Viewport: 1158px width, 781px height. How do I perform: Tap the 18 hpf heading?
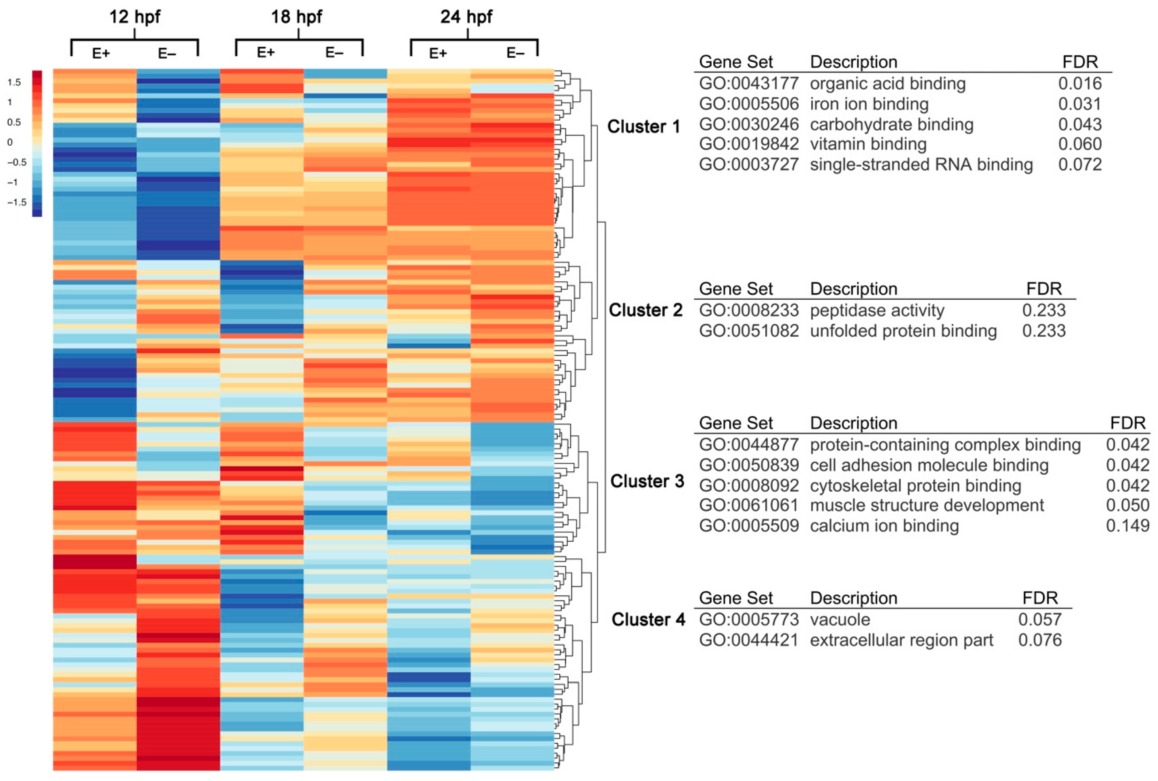click(x=296, y=17)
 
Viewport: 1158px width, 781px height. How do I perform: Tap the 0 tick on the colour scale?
click(x=10, y=142)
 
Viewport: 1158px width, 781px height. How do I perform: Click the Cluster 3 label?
click(x=647, y=481)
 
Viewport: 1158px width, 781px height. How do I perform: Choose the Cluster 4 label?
click(x=648, y=620)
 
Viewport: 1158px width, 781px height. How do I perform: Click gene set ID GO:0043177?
click(x=749, y=83)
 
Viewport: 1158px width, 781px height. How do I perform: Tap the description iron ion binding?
click(x=869, y=104)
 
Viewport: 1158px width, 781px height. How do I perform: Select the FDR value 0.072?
click(x=1080, y=164)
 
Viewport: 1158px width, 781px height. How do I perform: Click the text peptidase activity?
click(x=877, y=310)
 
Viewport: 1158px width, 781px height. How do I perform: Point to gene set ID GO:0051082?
click(x=749, y=331)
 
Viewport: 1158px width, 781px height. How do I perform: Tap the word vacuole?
click(x=840, y=620)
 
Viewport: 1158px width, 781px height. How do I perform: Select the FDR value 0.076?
click(x=1040, y=640)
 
